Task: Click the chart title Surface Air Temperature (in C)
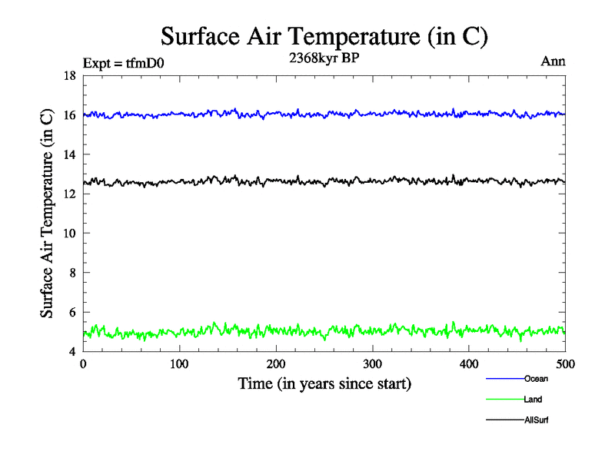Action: (x=324, y=36)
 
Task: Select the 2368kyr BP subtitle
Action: (x=324, y=60)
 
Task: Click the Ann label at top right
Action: (x=553, y=61)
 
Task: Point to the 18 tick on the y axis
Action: (x=69, y=75)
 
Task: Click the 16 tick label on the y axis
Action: (x=69, y=115)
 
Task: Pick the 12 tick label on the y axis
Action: (x=69, y=194)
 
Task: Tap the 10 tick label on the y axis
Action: (x=69, y=234)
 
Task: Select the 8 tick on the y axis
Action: (x=72, y=273)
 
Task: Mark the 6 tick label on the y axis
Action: (x=72, y=313)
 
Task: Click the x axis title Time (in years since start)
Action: (x=324, y=383)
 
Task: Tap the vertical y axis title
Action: (x=47, y=214)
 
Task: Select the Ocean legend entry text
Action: (x=536, y=379)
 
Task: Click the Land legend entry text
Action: (x=533, y=400)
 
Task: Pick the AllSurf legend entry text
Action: (x=537, y=420)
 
